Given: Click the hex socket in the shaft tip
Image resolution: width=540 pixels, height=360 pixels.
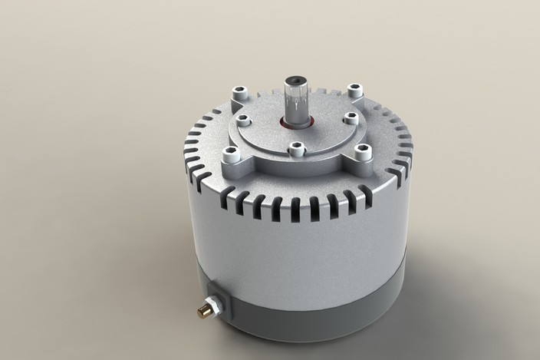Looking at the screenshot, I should pyautogui.click(x=297, y=81).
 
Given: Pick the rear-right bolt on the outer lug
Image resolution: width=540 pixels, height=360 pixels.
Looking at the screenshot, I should pyautogui.click(x=354, y=91).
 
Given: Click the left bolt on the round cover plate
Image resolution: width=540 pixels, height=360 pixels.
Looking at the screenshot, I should pyautogui.click(x=245, y=120).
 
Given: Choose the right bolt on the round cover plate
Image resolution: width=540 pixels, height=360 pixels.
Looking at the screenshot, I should pyautogui.click(x=349, y=118).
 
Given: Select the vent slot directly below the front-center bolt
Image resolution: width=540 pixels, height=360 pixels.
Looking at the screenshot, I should pyautogui.click(x=295, y=206).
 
